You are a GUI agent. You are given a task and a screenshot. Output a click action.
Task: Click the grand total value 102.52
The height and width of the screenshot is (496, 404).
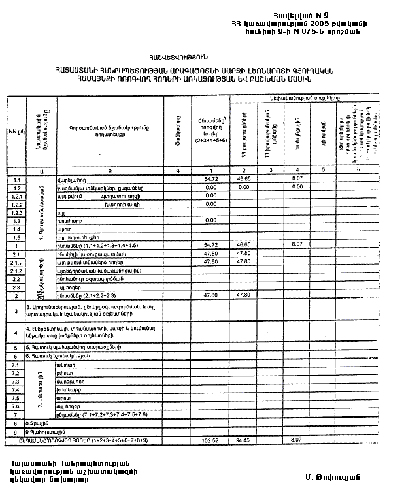coord(210,440)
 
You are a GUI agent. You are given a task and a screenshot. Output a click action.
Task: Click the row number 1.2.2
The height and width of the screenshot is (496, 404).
coord(17,204)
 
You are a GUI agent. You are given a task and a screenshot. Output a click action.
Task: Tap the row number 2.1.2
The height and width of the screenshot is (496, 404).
coord(17,270)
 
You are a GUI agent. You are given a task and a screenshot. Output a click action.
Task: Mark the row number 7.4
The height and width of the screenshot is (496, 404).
coord(17,389)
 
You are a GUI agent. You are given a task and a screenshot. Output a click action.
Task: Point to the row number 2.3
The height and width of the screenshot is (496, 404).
coord(17,287)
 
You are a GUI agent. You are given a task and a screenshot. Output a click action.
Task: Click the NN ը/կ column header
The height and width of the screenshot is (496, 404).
coord(16,131)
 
